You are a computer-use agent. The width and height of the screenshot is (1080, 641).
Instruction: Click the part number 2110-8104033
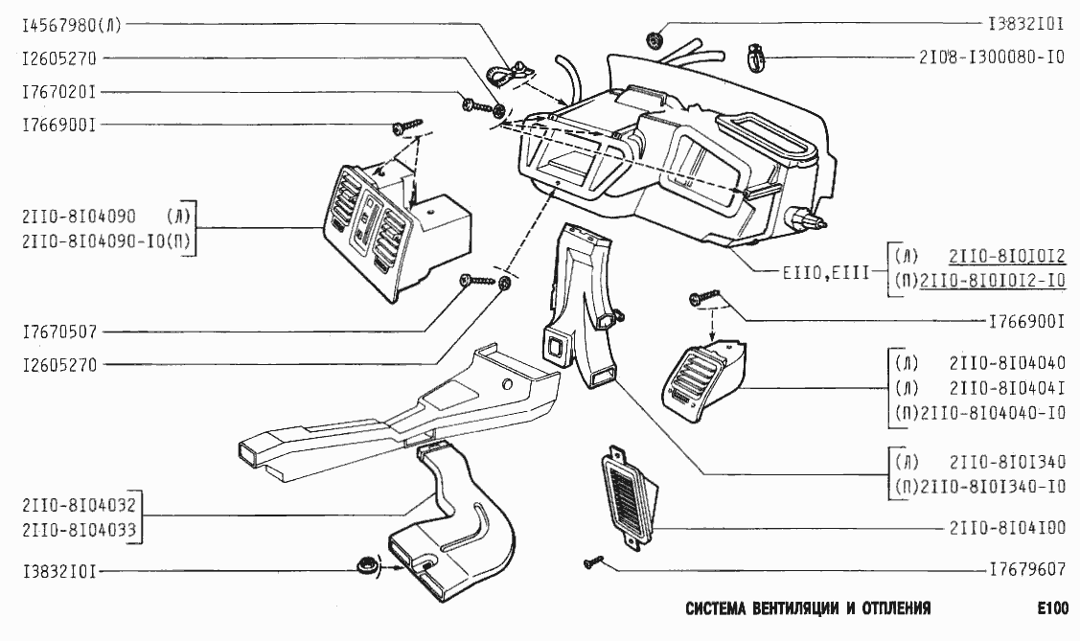(78, 528)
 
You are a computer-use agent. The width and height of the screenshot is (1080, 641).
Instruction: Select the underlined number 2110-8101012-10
(992, 280)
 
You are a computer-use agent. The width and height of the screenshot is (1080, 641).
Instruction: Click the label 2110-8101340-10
(992, 486)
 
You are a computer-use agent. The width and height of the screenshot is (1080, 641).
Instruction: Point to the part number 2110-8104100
(1007, 528)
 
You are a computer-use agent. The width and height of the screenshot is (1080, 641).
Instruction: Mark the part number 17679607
(1026, 568)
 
